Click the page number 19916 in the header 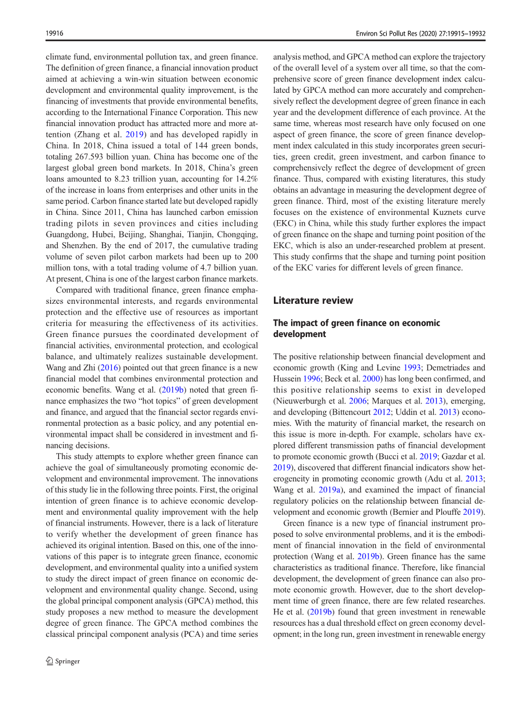point(54,34)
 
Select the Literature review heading point(313,300)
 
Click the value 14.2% point(244,179)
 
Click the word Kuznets point(427,213)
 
